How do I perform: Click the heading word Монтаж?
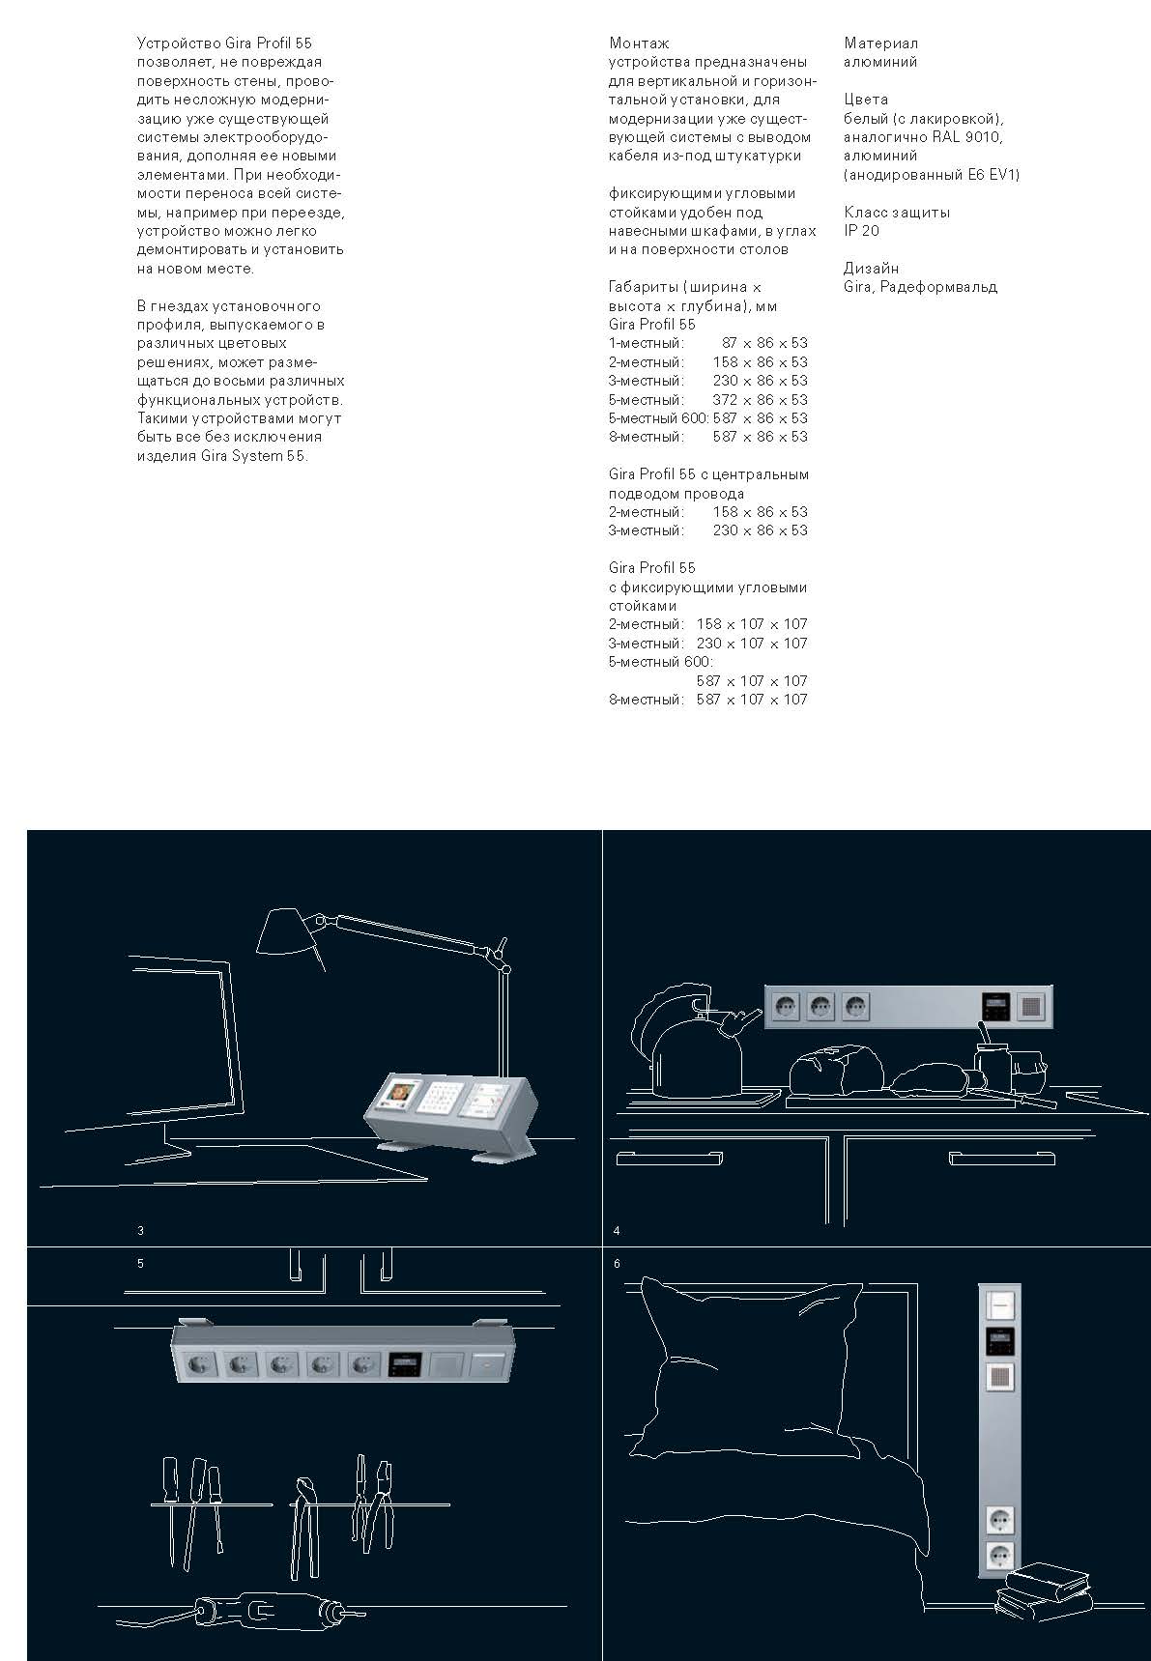tap(639, 43)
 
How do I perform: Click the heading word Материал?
tap(880, 43)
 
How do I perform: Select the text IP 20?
tap(861, 231)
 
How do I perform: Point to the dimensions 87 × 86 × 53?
tap(764, 343)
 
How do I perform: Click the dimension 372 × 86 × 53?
tap(760, 399)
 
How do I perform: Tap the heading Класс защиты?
tap(897, 213)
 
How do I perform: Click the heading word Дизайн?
tap(871, 269)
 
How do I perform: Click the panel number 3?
tap(141, 1231)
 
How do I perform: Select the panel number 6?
tap(617, 1264)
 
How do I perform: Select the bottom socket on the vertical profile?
tap(1000, 1556)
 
